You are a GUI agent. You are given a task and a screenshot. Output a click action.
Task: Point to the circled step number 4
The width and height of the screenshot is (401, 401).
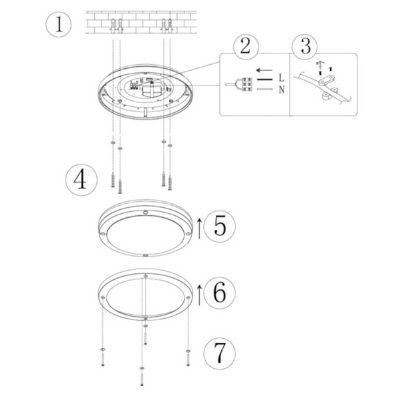pos(80,180)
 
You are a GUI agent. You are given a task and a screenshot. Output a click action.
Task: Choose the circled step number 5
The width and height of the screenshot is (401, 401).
pos(219,227)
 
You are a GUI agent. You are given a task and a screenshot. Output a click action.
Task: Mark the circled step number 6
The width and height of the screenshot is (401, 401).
pos(219,292)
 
